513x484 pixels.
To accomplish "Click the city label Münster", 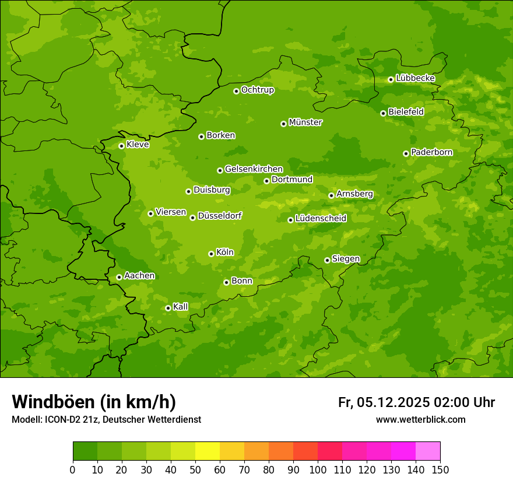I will (305, 122).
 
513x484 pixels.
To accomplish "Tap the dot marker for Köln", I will (211, 254).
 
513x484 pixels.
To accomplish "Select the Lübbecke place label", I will (415, 78).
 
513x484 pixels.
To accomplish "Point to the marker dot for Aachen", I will (119, 277).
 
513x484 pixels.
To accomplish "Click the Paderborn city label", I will (431, 152).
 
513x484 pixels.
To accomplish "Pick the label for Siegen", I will (346, 259).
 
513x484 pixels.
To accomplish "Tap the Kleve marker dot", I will (121, 146).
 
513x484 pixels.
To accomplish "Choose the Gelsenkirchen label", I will (254, 169).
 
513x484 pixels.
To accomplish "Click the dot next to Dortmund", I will (266, 181).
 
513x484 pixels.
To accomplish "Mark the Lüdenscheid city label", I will (321, 219).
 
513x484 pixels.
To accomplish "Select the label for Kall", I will (181, 307).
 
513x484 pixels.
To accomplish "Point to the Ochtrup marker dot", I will (236, 91).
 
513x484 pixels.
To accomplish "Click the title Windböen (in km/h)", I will (94, 402).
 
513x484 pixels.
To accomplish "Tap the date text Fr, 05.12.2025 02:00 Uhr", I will (416, 402).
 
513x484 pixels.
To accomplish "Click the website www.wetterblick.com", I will (420, 419).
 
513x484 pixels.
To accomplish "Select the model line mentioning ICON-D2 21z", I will (106, 419).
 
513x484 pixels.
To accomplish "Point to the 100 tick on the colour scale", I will (318, 469).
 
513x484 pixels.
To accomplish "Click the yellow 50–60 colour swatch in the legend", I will (208, 451).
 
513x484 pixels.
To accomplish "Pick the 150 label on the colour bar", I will (440, 469).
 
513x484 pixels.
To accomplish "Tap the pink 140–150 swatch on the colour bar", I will (428, 451).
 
